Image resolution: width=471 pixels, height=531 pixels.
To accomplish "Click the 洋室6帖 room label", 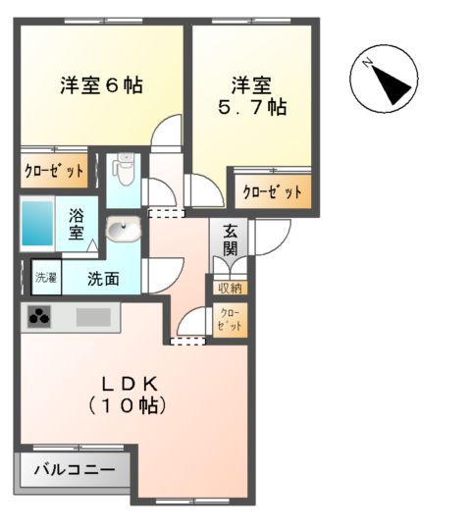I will (x=101, y=85).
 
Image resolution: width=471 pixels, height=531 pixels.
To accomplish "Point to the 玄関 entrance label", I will (x=230, y=240).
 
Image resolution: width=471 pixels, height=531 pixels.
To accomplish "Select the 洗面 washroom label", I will (x=103, y=278).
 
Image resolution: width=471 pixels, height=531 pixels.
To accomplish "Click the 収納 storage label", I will (x=231, y=288).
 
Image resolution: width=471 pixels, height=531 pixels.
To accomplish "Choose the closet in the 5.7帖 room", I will (x=272, y=192).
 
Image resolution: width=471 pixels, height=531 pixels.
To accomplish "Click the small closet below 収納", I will (x=231, y=319).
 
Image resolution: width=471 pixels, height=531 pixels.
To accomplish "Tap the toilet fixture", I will (x=123, y=173).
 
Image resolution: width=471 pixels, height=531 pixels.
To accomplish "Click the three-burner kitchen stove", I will (x=40, y=316).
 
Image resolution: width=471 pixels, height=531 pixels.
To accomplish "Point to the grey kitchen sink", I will (x=93, y=317).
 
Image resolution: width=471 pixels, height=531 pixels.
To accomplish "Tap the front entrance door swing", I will (x=269, y=234).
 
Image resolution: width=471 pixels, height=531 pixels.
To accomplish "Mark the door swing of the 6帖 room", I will (x=169, y=131).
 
